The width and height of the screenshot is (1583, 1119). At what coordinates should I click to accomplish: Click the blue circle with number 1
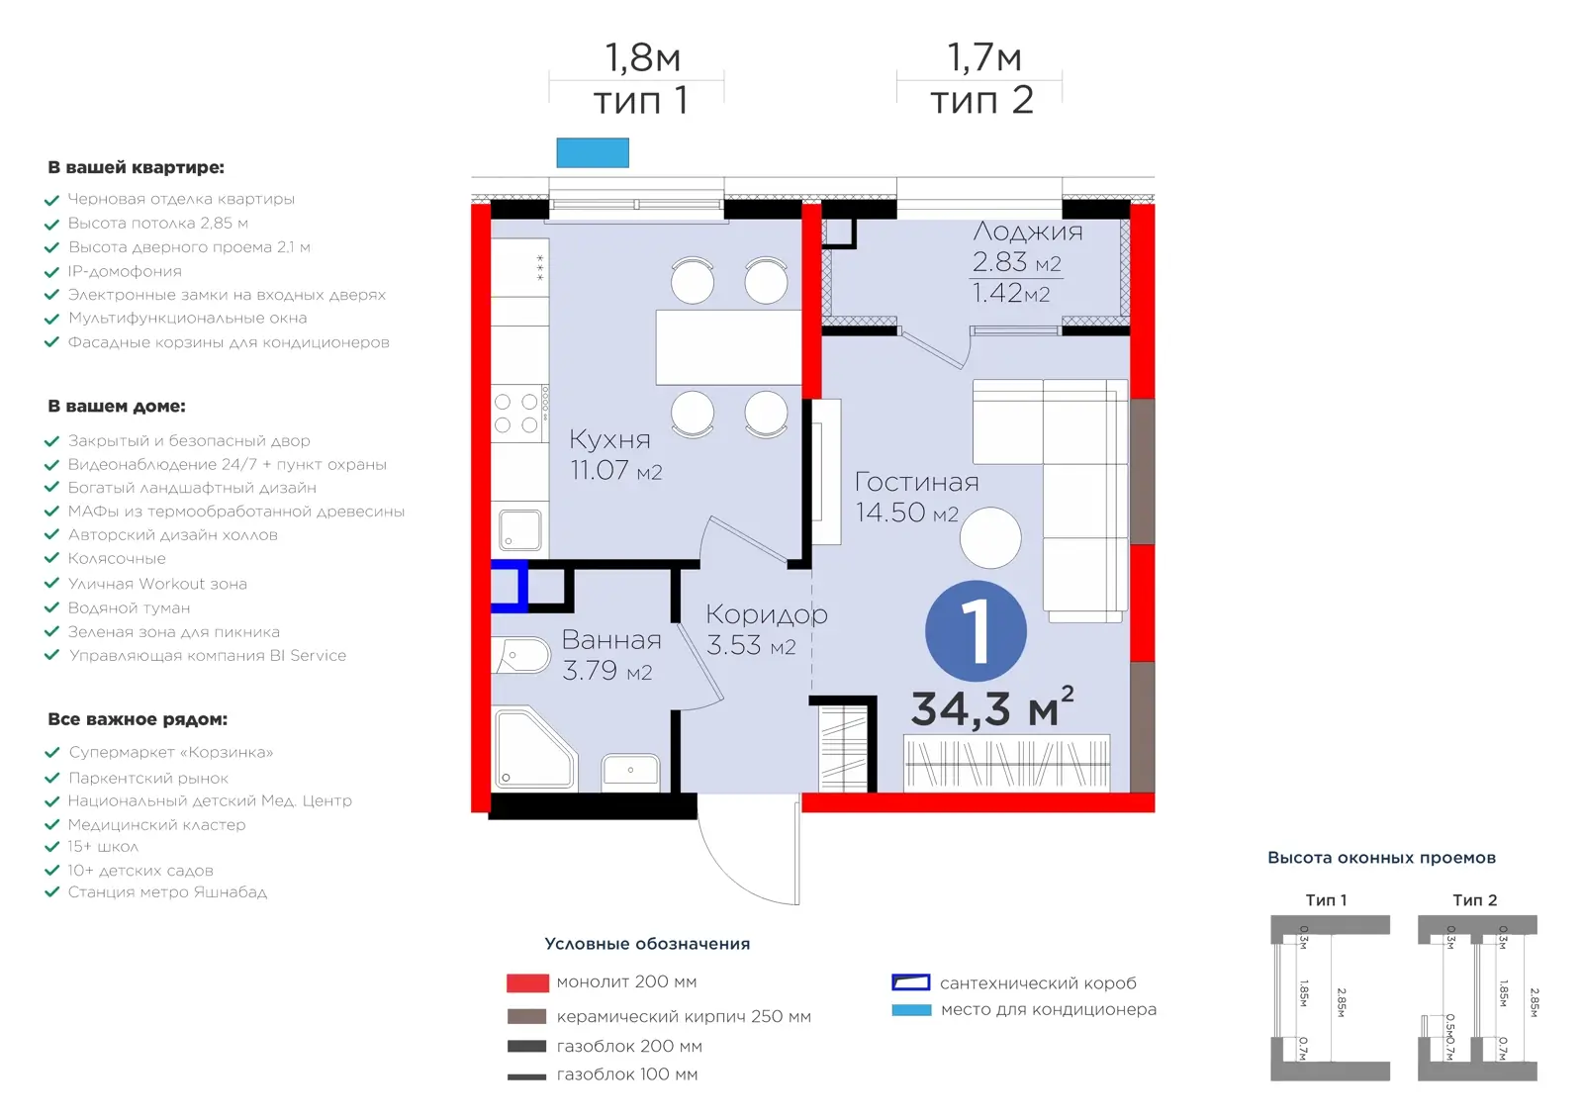coord(976,630)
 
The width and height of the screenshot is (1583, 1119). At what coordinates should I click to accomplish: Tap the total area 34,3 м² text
coord(992,707)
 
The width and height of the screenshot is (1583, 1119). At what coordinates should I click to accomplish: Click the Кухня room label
coord(609,439)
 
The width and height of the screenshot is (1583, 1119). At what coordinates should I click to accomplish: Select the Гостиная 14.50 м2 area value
coord(906,513)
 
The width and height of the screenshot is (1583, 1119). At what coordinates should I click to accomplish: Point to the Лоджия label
coord(1027,232)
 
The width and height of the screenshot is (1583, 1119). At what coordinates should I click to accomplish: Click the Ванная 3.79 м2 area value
coord(606,670)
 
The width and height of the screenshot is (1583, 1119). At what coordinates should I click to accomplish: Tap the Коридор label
coord(766,614)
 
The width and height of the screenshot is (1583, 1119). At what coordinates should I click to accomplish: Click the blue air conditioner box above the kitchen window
coord(593,152)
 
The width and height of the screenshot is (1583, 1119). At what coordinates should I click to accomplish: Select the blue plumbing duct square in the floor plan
coord(510,586)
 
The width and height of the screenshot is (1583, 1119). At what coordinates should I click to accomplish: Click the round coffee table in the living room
coord(990,537)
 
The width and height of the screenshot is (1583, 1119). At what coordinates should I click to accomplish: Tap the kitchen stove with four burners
coord(519,414)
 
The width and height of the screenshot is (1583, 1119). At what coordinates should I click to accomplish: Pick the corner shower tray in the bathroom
coord(534,749)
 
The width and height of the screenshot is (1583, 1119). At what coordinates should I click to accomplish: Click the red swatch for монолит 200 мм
coord(527,982)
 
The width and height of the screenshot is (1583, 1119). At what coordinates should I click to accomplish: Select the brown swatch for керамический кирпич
coord(526,1016)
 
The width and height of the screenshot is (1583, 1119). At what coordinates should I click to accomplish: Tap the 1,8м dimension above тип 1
coord(642,57)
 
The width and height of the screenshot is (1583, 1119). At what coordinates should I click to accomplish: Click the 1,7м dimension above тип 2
coord(983,57)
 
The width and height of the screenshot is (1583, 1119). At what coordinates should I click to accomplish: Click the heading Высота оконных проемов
coord(1381,858)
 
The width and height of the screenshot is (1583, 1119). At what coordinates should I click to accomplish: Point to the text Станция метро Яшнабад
coord(167,892)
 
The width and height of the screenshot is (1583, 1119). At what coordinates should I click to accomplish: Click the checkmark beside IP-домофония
coord(51,272)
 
